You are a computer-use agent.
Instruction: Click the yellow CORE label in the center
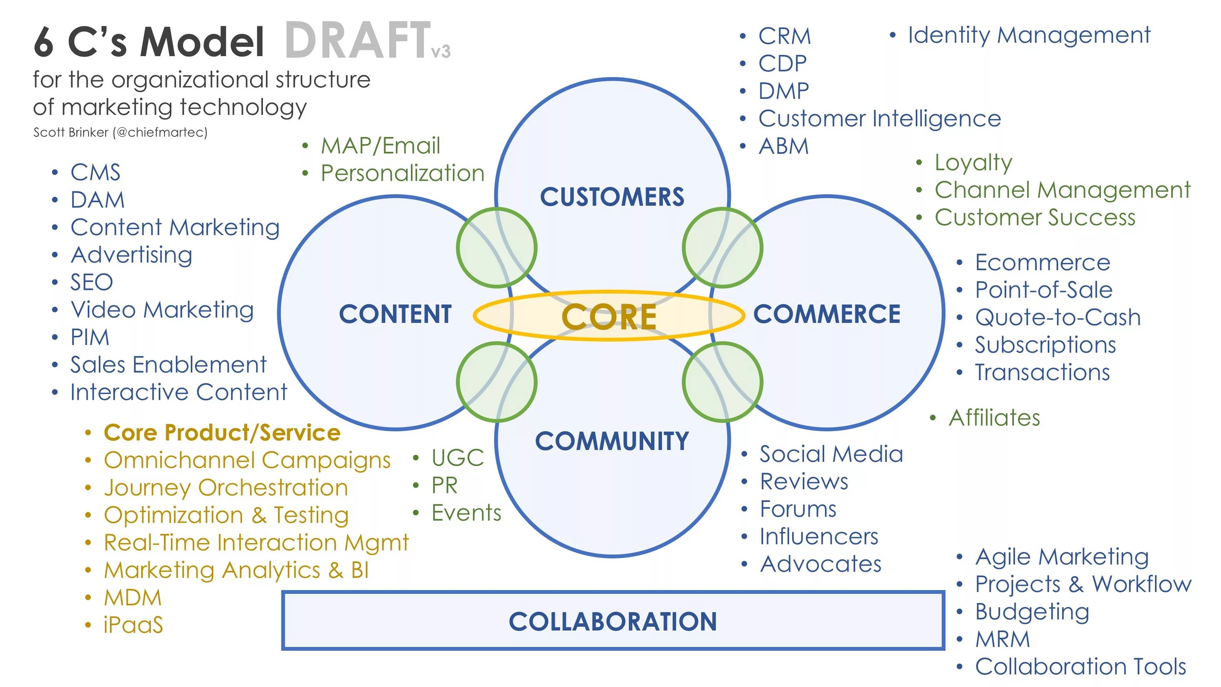pos(609,317)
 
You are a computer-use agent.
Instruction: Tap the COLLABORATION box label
pos(613,621)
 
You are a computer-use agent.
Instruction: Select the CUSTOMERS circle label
pos(612,197)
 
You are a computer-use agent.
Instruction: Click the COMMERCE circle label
pos(827,314)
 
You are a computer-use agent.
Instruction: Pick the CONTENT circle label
pos(395,314)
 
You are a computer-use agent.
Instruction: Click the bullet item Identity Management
pos(1028,35)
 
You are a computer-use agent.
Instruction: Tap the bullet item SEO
pos(92,282)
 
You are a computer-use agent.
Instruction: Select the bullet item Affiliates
pos(994,418)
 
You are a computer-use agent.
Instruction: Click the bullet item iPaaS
pos(133,625)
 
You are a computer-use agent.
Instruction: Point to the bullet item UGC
pos(457,458)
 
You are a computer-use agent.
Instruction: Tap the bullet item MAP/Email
pos(380,146)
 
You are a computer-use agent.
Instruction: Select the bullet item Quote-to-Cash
pos(1057,317)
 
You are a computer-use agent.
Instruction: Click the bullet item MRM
pos(1002,639)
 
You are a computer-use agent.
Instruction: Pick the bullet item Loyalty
pos(973,163)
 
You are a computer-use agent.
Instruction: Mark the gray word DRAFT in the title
pos(358,41)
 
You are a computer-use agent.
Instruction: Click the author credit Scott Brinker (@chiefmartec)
pos(120,132)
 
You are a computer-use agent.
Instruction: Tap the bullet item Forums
pos(798,509)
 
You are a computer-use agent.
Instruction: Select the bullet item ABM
pos(783,146)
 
